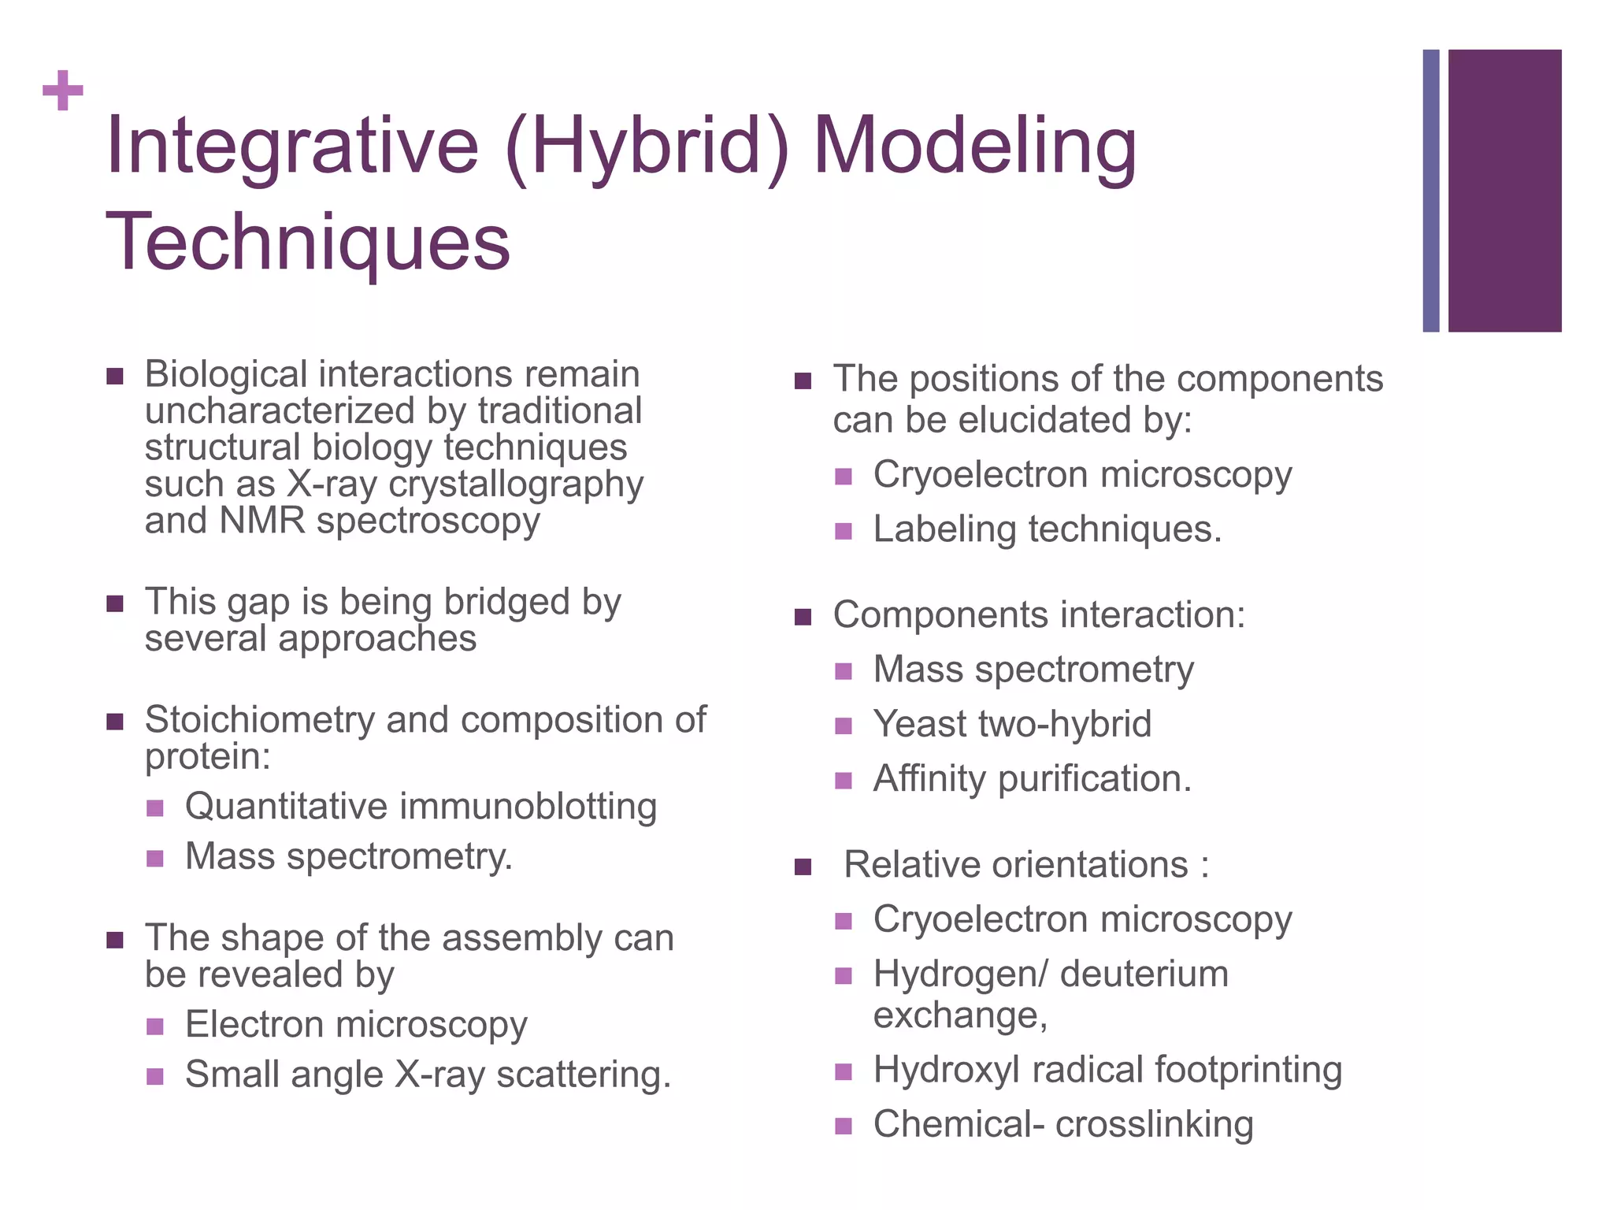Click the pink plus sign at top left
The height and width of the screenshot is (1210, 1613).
63,91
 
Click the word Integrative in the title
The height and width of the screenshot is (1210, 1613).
291,146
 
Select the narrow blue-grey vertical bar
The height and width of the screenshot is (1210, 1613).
1431,191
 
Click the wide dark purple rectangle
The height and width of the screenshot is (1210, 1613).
1504,191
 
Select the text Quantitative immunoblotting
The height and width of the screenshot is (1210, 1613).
421,807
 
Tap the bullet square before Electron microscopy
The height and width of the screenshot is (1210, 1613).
155,1026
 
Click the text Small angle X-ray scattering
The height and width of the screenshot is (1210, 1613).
428,1075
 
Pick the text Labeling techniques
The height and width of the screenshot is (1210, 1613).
1047,529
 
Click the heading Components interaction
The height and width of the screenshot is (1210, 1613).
1039,615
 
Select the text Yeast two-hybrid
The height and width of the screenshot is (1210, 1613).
1012,724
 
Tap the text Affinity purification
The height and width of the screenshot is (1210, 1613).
1032,779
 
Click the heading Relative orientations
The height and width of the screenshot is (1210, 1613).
1025,865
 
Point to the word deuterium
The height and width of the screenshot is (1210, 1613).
1144,974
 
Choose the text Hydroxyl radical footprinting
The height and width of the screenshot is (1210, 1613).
1107,1071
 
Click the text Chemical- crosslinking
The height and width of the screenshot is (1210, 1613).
1062,1125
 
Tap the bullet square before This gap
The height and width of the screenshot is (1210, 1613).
115,604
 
